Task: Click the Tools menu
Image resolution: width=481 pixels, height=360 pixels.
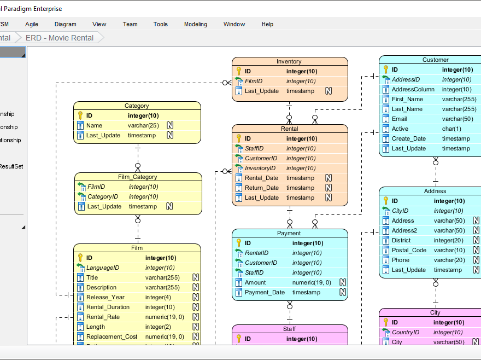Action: (x=160, y=24)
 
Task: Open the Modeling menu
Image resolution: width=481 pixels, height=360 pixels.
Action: (x=195, y=24)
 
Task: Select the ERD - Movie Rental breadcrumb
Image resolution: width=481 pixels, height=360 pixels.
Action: (x=59, y=38)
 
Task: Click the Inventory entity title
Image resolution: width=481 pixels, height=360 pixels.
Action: (x=289, y=62)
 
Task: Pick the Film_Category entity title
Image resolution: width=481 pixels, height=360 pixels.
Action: (x=137, y=177)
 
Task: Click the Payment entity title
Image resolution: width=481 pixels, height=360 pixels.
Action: (x=289, y=234)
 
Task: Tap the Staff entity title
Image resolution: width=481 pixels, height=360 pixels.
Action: (x=289, y=329)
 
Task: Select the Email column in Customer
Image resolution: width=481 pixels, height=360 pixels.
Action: (x=400, y=119)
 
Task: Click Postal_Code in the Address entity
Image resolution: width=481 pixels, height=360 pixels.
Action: (x=408, y=250)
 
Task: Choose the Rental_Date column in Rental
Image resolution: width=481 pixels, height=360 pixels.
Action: (x=261, y=178)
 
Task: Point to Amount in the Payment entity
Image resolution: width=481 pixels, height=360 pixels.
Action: (x=255, y=282)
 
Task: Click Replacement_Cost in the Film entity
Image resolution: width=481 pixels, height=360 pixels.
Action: (x=112, y=336)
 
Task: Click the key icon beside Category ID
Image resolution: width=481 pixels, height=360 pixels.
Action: (x=80, y=115)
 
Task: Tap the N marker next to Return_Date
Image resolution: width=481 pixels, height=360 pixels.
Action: (x=329, y=188)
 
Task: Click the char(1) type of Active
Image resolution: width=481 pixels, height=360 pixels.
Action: (x=451, y=129)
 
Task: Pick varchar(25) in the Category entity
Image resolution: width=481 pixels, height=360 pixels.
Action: (x=143, y=125)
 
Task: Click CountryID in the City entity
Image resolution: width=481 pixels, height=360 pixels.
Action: (x=405, y=332)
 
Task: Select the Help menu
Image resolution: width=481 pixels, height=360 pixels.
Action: (x=267, y=24)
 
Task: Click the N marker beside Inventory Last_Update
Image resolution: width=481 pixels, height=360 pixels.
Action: (x=329, y=91)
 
